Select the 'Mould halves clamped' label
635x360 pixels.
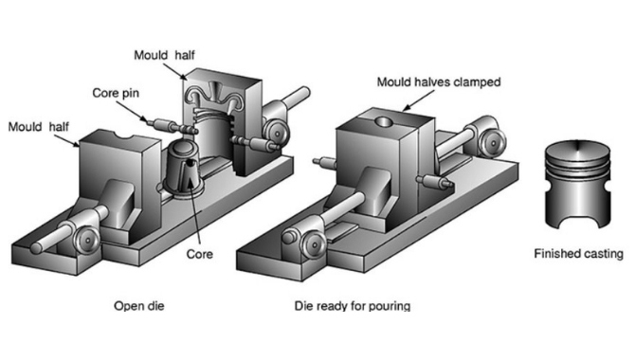[x=438, y=82]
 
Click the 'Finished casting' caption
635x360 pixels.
[x=578, y=254]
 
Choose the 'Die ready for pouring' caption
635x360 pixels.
[x=352, y=306]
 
